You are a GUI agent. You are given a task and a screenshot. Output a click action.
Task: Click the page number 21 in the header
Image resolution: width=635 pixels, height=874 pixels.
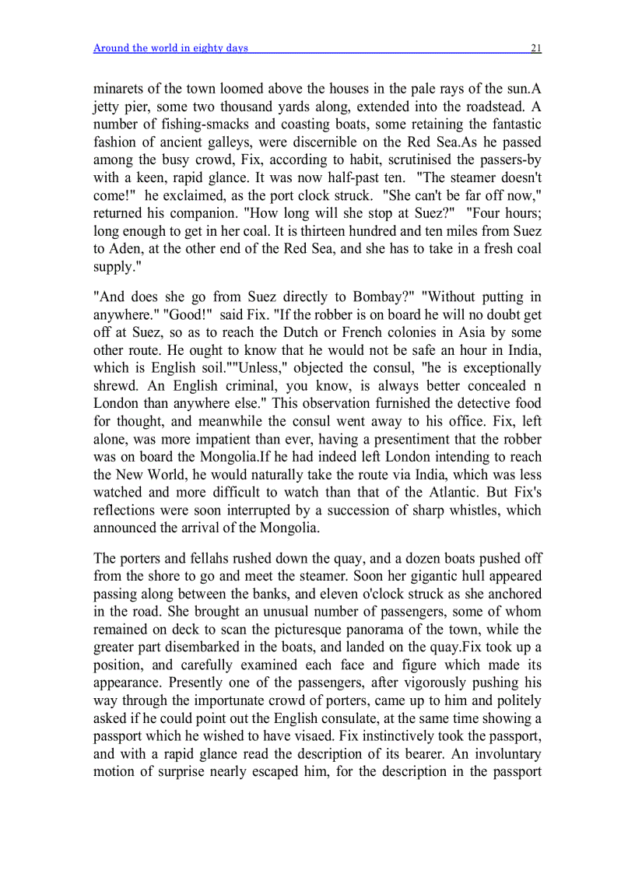point(535,48)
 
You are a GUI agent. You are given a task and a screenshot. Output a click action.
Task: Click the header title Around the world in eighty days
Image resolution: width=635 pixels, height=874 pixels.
point(170,48)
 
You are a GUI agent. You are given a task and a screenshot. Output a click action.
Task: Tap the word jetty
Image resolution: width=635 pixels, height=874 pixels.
point(107,107)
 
